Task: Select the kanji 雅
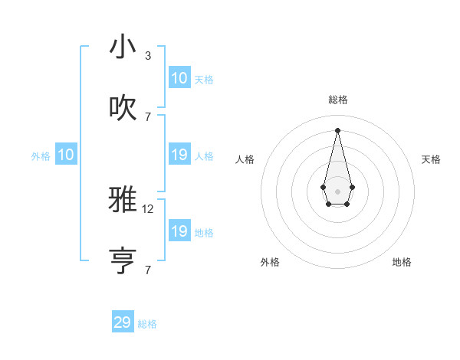tap(123, 200)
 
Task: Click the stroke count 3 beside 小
tap(147, 56)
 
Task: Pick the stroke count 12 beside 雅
tap(149, 208)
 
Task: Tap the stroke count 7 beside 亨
tap(147, 270)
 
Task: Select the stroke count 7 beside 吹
tap(147, 117)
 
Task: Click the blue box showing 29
tap(123, 322)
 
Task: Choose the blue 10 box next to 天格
tap(179, 78)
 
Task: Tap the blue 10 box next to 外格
tap(66, 155)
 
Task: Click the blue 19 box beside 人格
tap(179, 155)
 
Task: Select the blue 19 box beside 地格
tap(179, 231)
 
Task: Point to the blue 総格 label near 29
tap(147, 324)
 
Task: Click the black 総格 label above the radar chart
tap(337, 100)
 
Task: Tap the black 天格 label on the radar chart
tap(431, 159)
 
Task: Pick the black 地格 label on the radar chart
tap(402, 262)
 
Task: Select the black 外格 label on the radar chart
tap(270, 262)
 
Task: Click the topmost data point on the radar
tap(337, 130)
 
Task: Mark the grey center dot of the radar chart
tap(337, 191)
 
